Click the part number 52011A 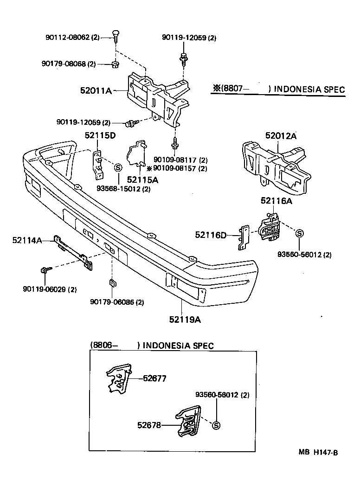coord(96,91)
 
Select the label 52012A coord(281,135)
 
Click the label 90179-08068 coord(66,64)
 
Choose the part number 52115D coord(100,135)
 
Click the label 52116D coord(210,236)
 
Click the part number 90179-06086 coord(116,302)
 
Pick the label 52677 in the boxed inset coord(154,378)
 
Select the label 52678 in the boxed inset coord(149,423)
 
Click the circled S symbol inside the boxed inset coord(216,425)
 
